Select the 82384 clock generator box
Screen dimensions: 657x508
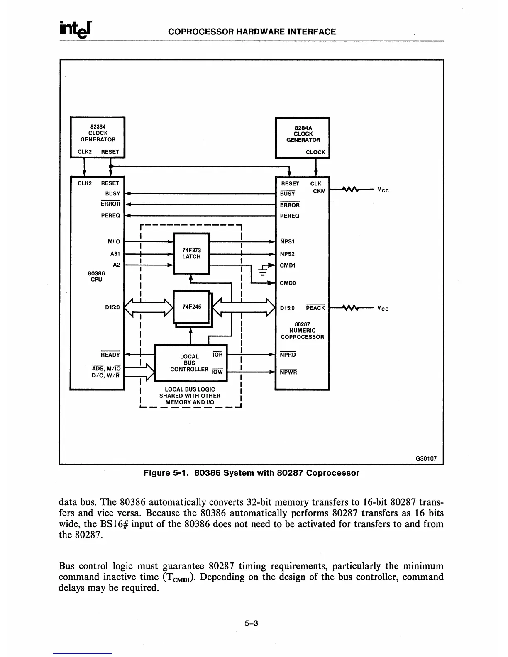pyautogui.click(x=98, y=137)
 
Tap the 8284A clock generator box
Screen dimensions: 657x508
pyautogui.click(x=303, y=137)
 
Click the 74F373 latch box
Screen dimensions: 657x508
pyautogui.click(x=191, y=253)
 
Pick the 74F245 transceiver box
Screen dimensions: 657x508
pyautogui.click(x=191, y=307)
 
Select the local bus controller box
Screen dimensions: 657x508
pyautogui.click(x=190, y=363)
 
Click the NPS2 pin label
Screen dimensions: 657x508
pyautogui.click(x=287, y=254)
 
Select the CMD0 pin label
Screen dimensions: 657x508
pyautogui.click(x=288, y=283)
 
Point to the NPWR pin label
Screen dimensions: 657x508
pyautogui.click(x=288, y=372)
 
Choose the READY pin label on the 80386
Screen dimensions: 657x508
pyautogui.click(x=110, y=355)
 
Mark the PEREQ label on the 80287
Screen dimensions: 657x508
pyautogui.click(x=290, y=216)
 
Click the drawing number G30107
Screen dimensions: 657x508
pyautogui.click(x=426, y=459)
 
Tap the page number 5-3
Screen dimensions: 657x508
pyautogui.click(x=251, y=623)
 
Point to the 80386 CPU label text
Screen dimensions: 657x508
pyautogui.click(x=96, y=276)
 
